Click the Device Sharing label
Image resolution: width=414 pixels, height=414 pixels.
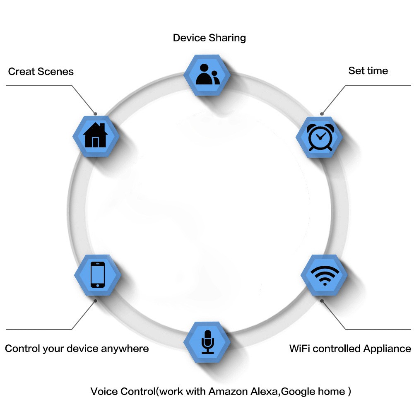tap(209, 38)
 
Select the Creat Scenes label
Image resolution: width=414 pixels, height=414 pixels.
tap(41, 72)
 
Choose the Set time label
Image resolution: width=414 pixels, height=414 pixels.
tap(368, 71)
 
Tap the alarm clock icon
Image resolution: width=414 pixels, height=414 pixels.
tap(320, 137)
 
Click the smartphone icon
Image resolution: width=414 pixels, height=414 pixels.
tap(97, 274)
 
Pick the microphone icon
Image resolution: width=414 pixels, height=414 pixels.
tap(207, 342)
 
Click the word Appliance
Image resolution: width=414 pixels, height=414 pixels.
tap(387, 349)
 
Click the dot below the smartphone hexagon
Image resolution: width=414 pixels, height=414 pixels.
tap(96, 301)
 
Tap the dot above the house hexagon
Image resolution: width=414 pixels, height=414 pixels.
tap(95, 113)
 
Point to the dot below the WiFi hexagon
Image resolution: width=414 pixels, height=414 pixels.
tap(322, 301)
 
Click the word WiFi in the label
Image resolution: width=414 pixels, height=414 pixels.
tap(299, 349)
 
